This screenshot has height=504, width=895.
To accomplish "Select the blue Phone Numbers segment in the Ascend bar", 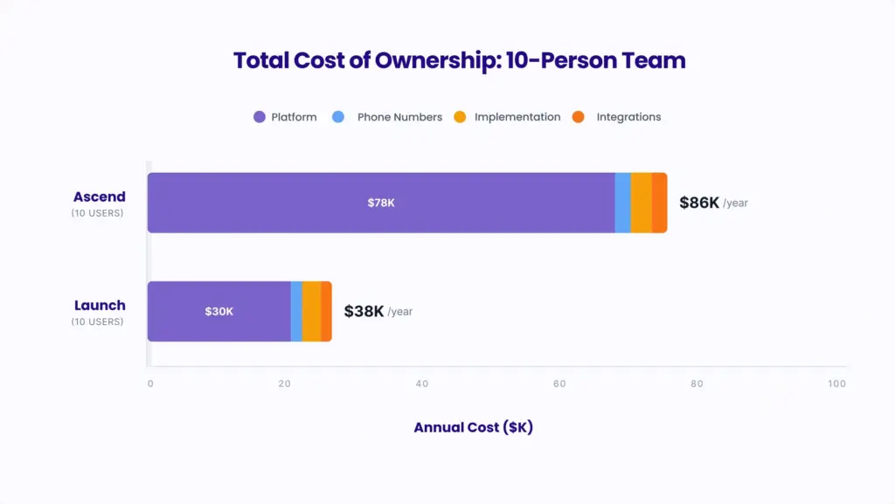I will point(622,203).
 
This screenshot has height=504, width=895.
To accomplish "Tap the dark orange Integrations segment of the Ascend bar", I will point(659,203).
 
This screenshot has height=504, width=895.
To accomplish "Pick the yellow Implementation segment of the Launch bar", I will point(311,311).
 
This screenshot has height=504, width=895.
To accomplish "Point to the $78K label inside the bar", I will point(381,203).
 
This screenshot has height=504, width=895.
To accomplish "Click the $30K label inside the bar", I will point(219,311).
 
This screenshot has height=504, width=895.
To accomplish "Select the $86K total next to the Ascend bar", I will point(699,203).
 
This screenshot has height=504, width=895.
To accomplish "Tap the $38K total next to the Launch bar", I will point(364,311).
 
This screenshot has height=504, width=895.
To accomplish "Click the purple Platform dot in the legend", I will point(259,117).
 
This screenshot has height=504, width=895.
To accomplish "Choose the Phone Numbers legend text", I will point(399,117).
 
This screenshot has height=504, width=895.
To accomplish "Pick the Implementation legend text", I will point(517,117).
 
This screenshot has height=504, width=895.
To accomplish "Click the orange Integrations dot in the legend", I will point(577,117).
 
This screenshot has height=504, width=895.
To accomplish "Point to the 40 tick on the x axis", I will point(421,384).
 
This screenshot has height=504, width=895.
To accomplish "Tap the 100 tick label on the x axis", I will point(836,384).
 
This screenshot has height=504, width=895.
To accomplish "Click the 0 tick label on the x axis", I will point(150,384).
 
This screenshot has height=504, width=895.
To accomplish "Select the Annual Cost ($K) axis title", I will point(473,428).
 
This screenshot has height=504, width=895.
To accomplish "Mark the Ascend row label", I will point(100,197).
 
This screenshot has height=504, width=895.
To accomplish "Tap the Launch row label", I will point(100,306).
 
